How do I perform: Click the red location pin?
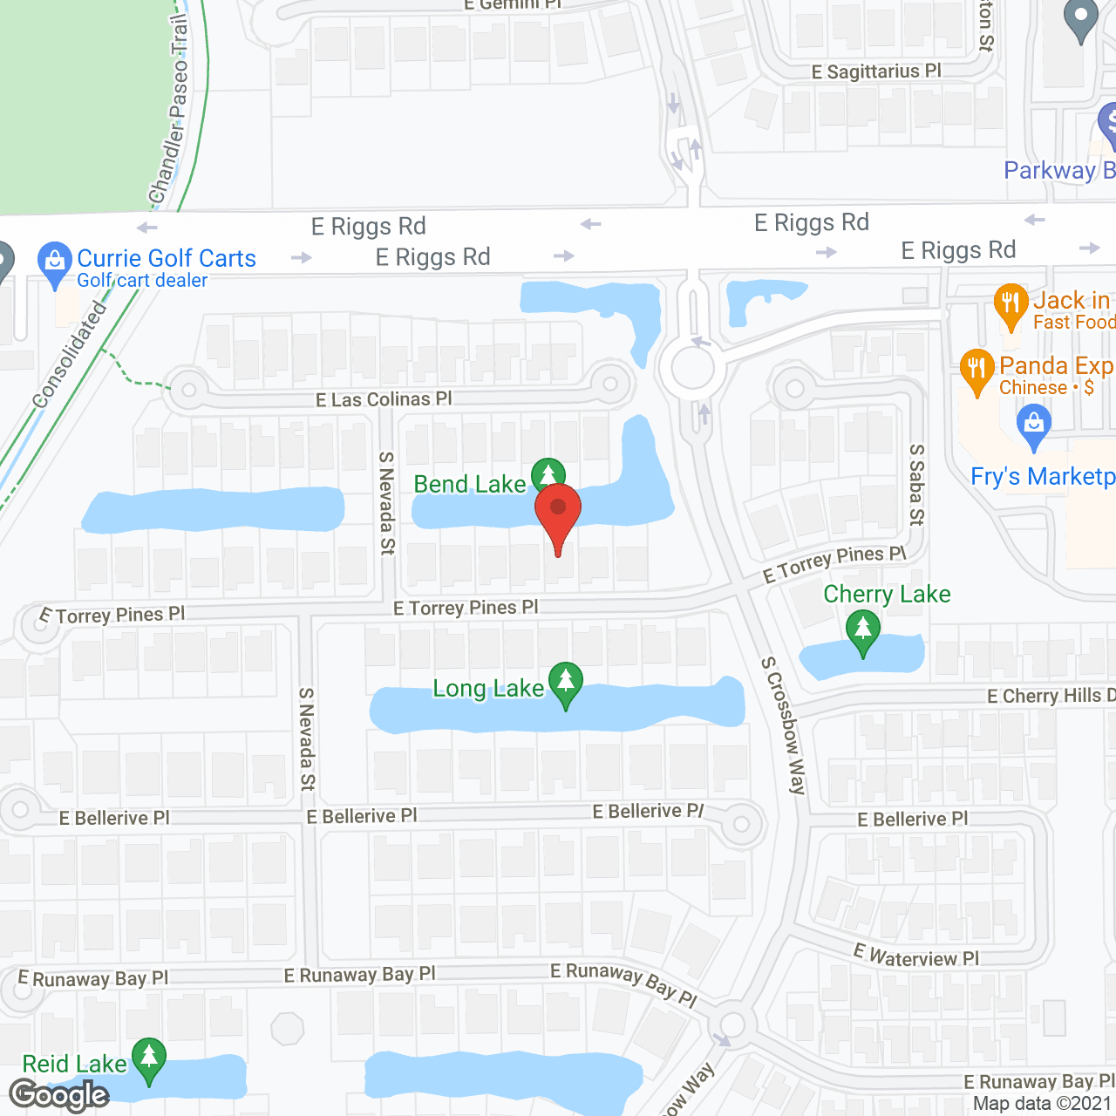point(558,509)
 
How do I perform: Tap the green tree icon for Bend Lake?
point(548,475)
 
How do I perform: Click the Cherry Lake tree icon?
point(863,629)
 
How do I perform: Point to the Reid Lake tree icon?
point(149,1058)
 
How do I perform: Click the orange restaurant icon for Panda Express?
point(977,369)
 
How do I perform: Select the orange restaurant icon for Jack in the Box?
point(1011,304)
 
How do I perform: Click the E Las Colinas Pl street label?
point(384,399)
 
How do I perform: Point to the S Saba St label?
point(916,485)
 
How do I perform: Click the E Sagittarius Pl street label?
point(876,71)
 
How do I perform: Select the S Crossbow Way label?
point(783,725)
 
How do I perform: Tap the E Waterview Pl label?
point(916,956)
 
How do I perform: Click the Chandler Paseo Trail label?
point(170,109)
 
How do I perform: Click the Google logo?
point(59,1095)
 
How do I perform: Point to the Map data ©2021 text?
point(1042,1103)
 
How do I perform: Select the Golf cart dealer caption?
point(142,281)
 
